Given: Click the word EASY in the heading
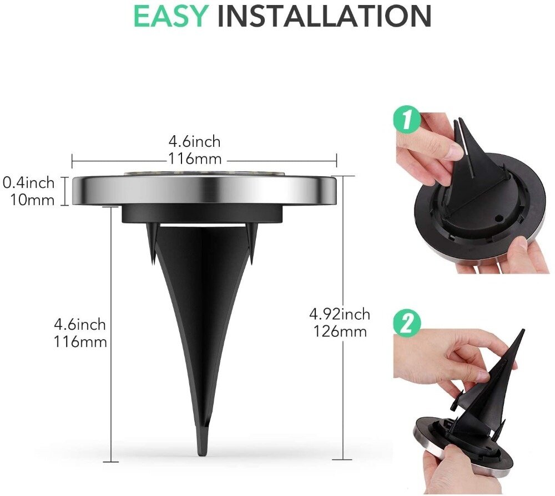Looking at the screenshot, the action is pyautogui.click(x=170, y=16).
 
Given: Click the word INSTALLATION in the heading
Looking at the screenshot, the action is pyautogui.click(x=324, y=16).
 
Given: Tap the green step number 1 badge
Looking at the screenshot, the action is pyautogui.click(x=407, y=120).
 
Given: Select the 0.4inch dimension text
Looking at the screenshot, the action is pyautogui.click(x=29, y=183).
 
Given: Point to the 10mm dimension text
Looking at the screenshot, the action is pyautogui.click(x=32, y=200).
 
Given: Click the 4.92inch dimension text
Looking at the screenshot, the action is pyautogui.click(x=340, y=314).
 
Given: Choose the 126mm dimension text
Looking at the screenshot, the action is pyautogui.click(x=340, y=331).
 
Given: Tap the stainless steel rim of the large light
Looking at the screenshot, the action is pyautogui.click(x=204, y=191).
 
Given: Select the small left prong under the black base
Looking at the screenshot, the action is pyautogui.click(x=151, y=244).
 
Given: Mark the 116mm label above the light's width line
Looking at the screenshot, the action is pyautogui.click(x=195, y=159).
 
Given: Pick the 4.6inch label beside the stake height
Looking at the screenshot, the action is pyautogui.click(x=80, y=324).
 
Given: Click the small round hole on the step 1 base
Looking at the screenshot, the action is pyautogui.click(x=499, y=219).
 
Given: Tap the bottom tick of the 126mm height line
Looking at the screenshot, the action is pyautogui.click(x=342, y=459).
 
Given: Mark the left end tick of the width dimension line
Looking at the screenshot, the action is pyautogui.click(x=72, y=161).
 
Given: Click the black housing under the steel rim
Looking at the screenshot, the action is pyautogui.click(x=203, y=214).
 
